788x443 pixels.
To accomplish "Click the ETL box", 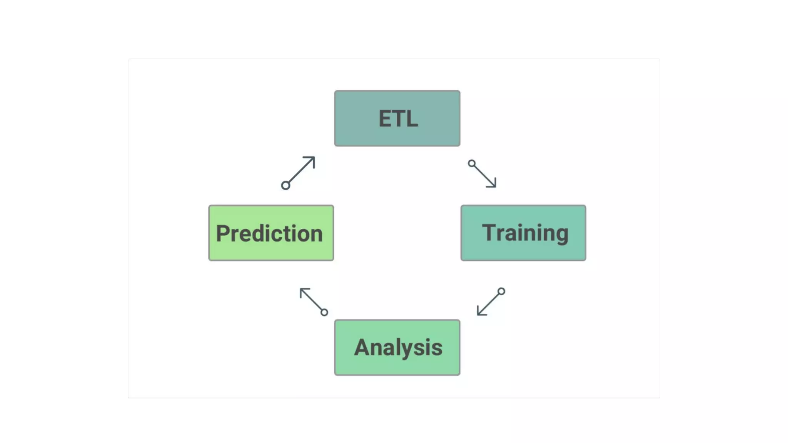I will coord(397,118).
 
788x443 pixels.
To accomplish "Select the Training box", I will coord(523,233).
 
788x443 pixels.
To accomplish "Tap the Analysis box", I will coord(397,348).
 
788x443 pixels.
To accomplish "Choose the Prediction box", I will coord(271,233).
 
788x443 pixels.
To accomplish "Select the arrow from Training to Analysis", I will coord(490,303).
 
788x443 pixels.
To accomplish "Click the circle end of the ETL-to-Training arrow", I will coord(472,163).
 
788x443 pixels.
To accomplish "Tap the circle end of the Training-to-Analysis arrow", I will coord(501,291).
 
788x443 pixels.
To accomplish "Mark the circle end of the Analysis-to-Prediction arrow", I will coord(324,312).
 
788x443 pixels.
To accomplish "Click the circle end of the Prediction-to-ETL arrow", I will coord(285,186).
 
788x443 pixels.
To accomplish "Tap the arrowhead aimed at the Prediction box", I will coord(303,291).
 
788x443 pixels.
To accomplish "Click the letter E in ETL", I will coord(386,118).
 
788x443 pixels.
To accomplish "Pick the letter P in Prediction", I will coord(223,233).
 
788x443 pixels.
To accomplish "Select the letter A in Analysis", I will coord(362,347).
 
